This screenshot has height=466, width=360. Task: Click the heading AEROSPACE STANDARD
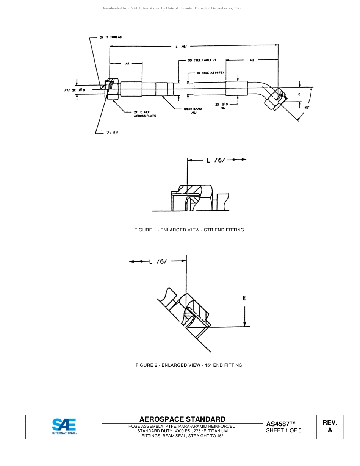pyautogui.click(x=182, y=419)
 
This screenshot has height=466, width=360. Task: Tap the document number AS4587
pyautogui.click(x=281, y=424)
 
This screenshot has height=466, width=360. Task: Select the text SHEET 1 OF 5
pyautogui.click(x=284, y=430)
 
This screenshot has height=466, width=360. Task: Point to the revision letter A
pyautogui.click(x=330, y=430)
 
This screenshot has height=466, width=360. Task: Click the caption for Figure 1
pyautogui.click(x=189, y=230)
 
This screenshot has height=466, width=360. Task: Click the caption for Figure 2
pyautogui.click(x=189, y=365)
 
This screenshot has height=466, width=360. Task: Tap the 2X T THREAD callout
pyautogui.click(x=111, y=37)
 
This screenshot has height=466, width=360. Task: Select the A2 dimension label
pyautogui.click(x=252, y=60)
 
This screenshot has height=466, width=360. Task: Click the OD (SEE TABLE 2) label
pyautogui.click(x=202, y=60)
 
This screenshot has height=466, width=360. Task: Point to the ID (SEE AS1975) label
pyautogui.click(x=211, y=73)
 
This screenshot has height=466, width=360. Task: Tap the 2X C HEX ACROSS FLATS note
pyautogui.click(x=145, y=114)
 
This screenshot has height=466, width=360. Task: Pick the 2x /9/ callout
pyautogui.click(x=112, y=133)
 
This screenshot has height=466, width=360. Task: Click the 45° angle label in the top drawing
pyautogui.click(x=307, y=107)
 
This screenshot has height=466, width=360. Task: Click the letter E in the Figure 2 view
pyautogui.click(x=244, y=298)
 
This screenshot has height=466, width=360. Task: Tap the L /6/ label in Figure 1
pyautogui.click(x=216, y=160)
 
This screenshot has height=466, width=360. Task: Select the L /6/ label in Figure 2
pyautogui.click(x=158, y=261)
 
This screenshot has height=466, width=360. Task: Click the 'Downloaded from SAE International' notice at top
pyautogui.click(x=171, y=8)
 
